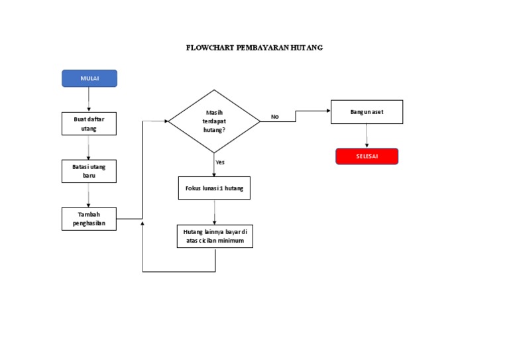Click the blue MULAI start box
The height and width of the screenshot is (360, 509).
point(89,78)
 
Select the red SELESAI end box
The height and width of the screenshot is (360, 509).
point(367,156)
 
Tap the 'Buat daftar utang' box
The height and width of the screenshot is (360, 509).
point(89,123)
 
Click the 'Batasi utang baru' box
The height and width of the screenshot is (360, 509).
point(89,171)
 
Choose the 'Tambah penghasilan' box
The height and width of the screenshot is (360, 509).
point(89,219)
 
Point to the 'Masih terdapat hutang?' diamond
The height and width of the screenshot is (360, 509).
point(214,121)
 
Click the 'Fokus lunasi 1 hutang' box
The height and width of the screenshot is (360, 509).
point(214,188)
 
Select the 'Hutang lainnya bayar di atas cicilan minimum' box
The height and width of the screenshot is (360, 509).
point(215,237)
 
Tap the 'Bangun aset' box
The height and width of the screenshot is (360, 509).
point(367,112)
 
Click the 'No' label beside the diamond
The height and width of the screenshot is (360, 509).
point(275,117)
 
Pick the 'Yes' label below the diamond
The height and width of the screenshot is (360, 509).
point(220,162)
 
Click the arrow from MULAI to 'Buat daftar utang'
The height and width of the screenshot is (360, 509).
point(89,99)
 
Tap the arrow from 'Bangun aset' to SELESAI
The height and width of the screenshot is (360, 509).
point(367,136)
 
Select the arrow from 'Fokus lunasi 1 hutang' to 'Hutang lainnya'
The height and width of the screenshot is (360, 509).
point(214,212)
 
